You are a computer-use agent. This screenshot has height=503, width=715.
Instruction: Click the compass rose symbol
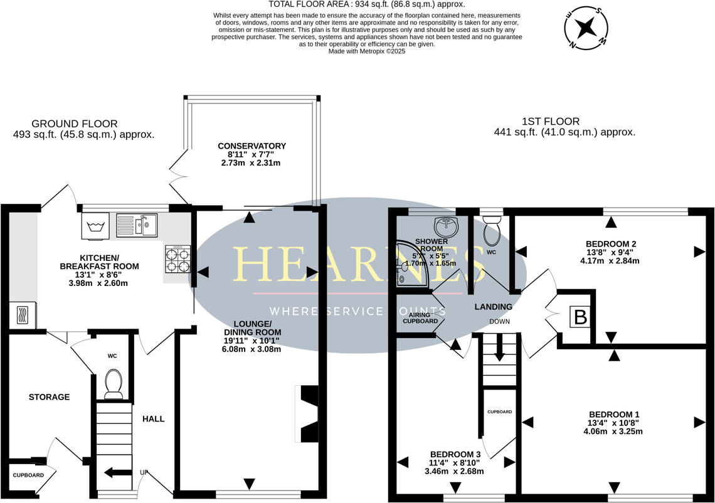pyautogui.click(x=586, y=28)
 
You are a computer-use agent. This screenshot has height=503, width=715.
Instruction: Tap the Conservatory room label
pyautogui.click(x=252, y=146)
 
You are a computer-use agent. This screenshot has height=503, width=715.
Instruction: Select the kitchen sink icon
pyautogui.click(x=137, y=225)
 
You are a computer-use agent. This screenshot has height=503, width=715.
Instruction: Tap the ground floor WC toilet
pyautogui.click(x=114, y=383)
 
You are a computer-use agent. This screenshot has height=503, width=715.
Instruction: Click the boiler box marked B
pyautogui.click(x=581, y=317)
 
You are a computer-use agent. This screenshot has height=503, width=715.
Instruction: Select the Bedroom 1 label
pyautogui.click(x=613, y=415)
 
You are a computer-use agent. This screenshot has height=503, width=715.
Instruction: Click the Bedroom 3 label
pyautogui.click(x=455, y=455)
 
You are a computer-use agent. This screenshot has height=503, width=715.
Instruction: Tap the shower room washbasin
pyautogui.click(x=446, y=225)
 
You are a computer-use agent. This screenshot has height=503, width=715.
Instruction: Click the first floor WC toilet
pyautogui.click(x=492, y=231)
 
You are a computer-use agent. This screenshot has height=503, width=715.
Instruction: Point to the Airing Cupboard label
pyautogui.click(x=420, y=318)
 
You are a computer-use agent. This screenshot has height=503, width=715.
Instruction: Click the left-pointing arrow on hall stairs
pyautogui.click(x=113, y=473)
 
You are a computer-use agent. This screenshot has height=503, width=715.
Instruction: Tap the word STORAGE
pyautogui.click(x=49, y=397)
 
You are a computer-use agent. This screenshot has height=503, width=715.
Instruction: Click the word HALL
pyautogui.click(x=153, y=419)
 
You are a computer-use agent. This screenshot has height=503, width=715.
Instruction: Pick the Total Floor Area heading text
pyautogui.click(x=366, y=4)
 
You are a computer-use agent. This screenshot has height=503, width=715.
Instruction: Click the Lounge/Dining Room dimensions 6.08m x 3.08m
pyautogui.click(x=251, y=349)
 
